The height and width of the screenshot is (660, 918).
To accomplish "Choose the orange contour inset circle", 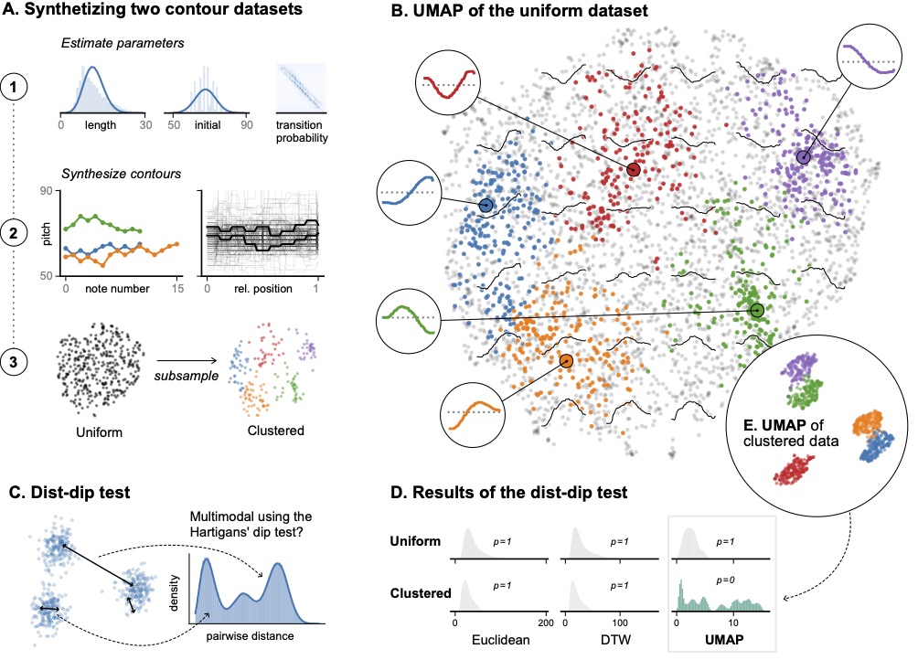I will [472, 412].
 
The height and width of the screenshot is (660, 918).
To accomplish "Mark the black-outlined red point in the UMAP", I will [634, 170].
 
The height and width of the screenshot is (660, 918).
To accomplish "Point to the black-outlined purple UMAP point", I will [803, 157].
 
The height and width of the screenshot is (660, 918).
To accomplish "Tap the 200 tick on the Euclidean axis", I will [546, 623].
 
